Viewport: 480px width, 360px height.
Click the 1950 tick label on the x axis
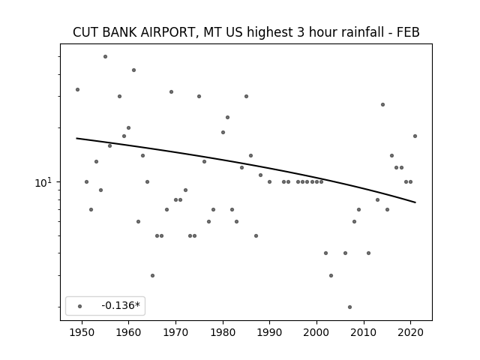82,332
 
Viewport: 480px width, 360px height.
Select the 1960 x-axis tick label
128,332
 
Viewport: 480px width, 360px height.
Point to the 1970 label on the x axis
175,332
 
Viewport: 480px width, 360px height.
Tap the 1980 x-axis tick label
223,332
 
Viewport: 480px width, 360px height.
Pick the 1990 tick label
270,332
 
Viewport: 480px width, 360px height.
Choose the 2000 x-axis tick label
316,332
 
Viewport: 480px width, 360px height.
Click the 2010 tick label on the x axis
364,332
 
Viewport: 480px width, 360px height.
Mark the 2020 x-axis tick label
411,332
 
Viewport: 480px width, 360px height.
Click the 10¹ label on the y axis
43,182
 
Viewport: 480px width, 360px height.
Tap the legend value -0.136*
121,305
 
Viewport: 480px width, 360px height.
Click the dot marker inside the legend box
80,306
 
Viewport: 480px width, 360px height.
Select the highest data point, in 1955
105,57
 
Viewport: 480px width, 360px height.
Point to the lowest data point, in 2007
350,307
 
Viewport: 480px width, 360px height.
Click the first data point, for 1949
77,90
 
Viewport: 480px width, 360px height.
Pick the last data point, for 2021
415,136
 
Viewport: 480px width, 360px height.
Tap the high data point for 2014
382,105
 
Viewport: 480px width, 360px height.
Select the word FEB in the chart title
408,32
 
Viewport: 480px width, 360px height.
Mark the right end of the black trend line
415,202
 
